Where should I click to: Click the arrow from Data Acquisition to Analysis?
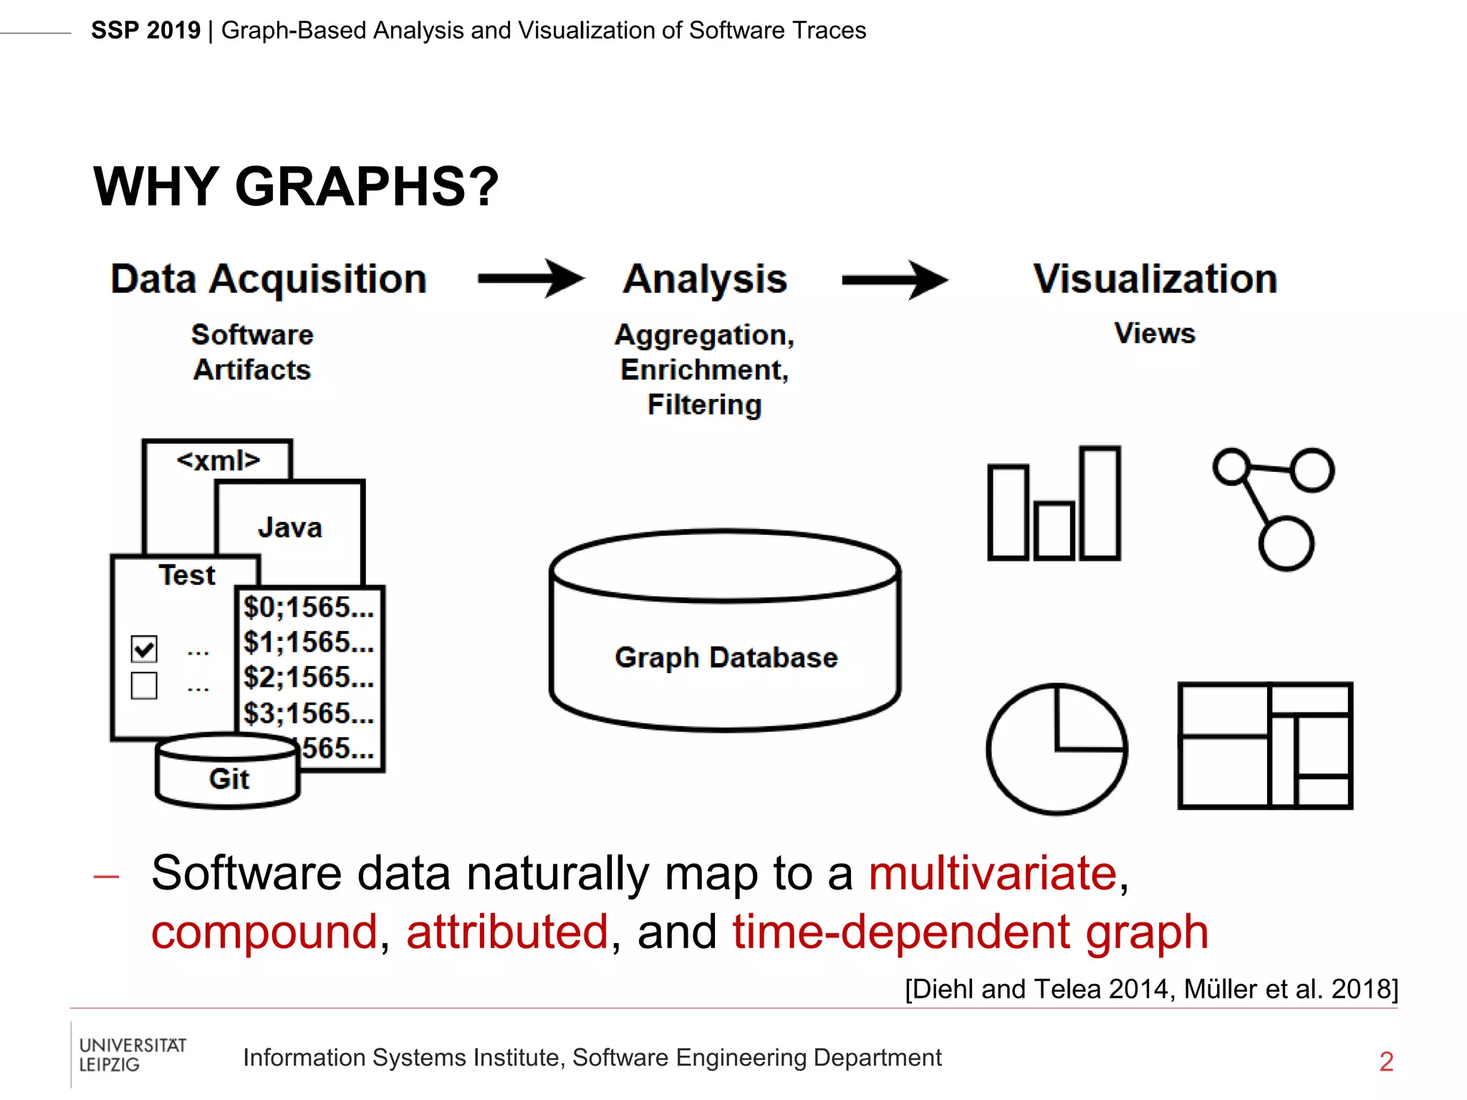pyautogui.click(x=531, y=279)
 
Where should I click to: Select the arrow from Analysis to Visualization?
pyautogui.click(x=895, y=280)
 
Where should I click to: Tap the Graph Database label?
pyautogui.click(x=726, y=657)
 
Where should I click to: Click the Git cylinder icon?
pyautogui.click(x=228, y=773)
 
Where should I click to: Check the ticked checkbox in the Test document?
pyautogui.click(x=144, y=649)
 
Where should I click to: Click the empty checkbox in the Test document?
pyautogui.click(x=144, y=685)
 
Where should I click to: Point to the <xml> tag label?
pyautogui.click(x=218, y=460)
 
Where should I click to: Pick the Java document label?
pyautogui.click(x=289, y=528)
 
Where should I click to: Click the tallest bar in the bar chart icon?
pyautogui.click(x=1100, y=503)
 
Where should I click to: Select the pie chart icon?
pyautogui.click(x=1057, y=749)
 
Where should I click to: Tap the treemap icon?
pyautogui.click(x=1265, y=746)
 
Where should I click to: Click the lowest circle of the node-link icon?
pyautogui.click(x=1286, y=544)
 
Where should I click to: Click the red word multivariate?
pyautogui.click(x=993, y=873)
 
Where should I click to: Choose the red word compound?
pyautogui.click(x=264, y=932)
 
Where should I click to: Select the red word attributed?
pyautogui.click(x=507, y=932)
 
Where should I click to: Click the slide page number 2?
pyautogui.click(x=1386, y=1061)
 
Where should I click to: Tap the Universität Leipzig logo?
pyautogui.click(x=132, y=1055)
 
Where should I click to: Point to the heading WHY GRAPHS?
pyautogui.click(x=296, y=186)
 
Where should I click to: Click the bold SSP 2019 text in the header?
pyautogui.click(x=146, y=31)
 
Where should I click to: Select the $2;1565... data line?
pyautogui.click(x=309, y=677)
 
